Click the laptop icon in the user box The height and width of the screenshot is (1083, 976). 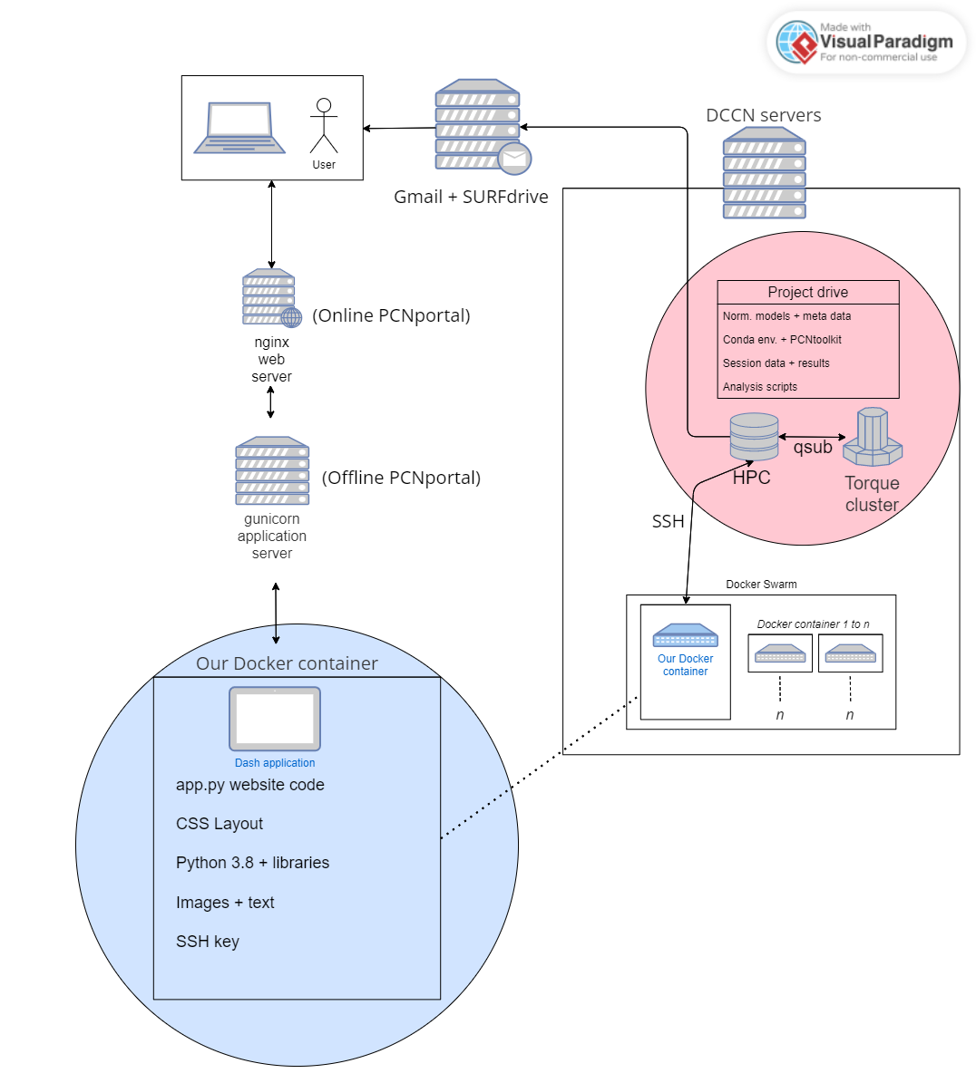pos(239,128)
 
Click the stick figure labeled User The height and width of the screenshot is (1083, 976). pos(324,126)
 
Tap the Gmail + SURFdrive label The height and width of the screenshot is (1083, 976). pos(471,197)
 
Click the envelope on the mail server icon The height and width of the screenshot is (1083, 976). pos(514,159)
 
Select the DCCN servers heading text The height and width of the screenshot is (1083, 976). pos(763,115)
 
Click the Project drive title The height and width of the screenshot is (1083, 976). pos(807,292)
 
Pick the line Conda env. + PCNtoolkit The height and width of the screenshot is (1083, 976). pos(782,340)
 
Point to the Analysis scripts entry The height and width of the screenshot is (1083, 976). pos(760,387)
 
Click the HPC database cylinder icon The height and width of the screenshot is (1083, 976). pos(754,437)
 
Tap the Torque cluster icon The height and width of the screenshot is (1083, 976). pos(873,437)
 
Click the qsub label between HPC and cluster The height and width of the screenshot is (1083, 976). pos(813,448)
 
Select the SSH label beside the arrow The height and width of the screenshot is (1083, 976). pos(668,521)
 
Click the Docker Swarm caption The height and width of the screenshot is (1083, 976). pos(761,585)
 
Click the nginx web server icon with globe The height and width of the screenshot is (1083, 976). pos(271,298)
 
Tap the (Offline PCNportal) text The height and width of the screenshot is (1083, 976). pos(401,478)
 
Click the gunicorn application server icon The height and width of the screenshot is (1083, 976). pos(272,470)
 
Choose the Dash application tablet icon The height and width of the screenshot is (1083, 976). pos(275,720)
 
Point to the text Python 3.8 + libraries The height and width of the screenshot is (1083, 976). pos(252,863)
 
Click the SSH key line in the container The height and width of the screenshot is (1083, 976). pos(208,942)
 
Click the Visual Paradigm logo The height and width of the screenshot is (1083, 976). pos(865,42)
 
